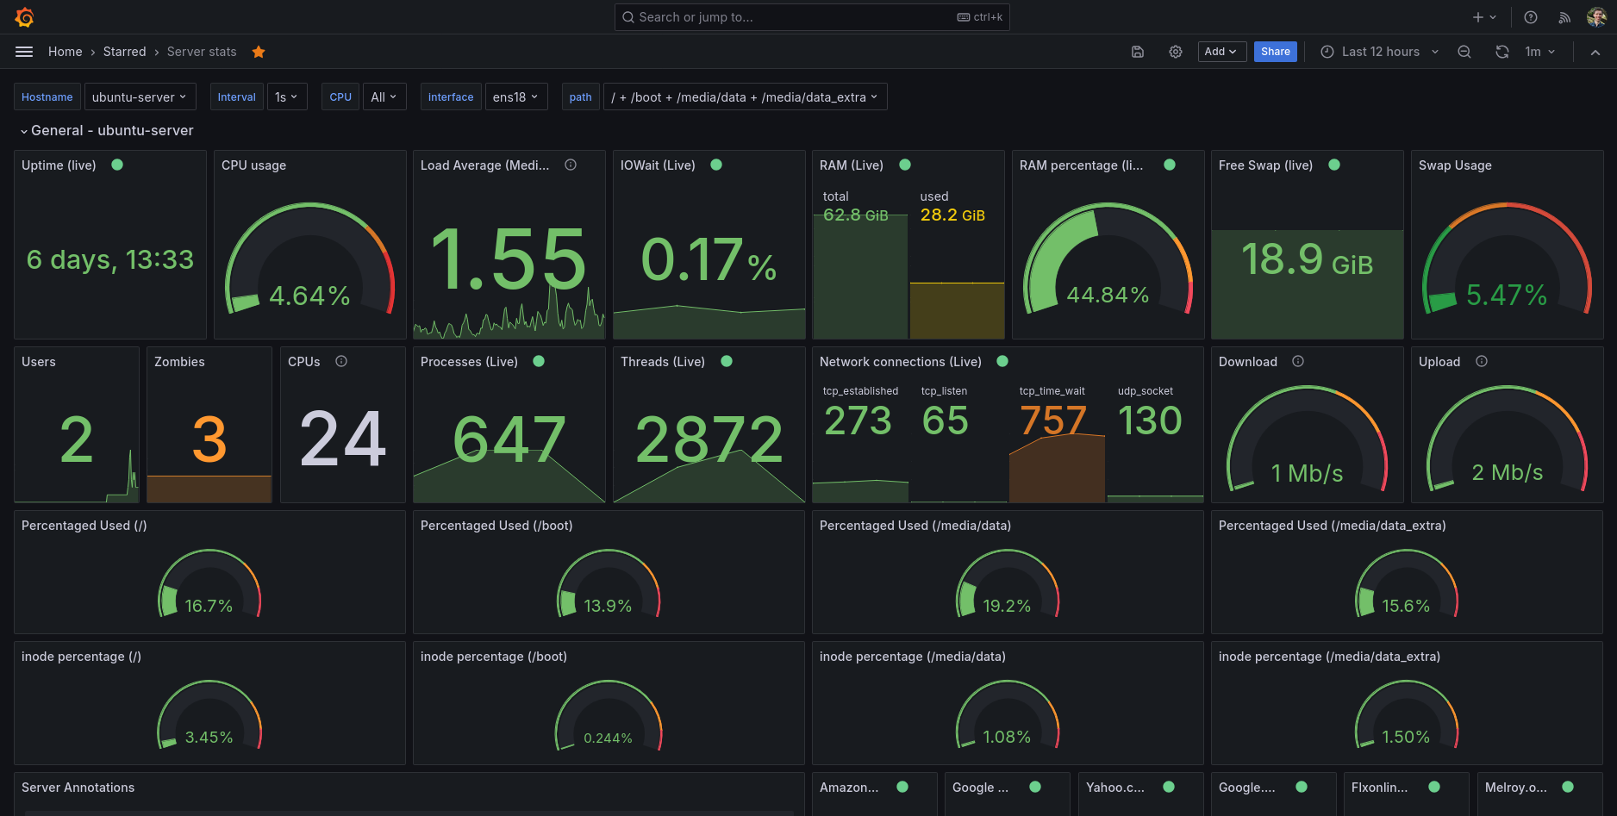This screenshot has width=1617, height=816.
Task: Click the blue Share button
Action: tap(1275, 52)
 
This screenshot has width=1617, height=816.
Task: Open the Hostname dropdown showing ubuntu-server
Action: tap(140, 97)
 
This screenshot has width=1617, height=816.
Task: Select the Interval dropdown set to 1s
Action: tap(286, 97)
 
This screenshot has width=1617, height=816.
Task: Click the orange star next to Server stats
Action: tap(259, 52)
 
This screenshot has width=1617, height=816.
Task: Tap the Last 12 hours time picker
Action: tap(1379, 52)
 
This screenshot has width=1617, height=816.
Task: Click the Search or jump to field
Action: tap(810, 17)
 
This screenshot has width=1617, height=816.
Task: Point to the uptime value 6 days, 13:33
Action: tap(110, 259)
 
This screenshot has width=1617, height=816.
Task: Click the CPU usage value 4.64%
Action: tap(309, 296)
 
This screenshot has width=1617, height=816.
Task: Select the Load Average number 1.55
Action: tap(509, 259)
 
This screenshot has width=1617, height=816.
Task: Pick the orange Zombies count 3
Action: tap(209, 439)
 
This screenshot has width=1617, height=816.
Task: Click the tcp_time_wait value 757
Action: tap(1053, 420)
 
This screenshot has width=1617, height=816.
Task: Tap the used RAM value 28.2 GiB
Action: tap(952, 215)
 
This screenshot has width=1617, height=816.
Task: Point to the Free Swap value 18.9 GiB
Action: tap(1307, 259)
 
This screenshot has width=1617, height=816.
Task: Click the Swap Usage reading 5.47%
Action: tap(1507, 296)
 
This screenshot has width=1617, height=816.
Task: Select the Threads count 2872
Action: tap(709, 439)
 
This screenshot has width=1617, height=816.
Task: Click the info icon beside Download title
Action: tap(1298, 361)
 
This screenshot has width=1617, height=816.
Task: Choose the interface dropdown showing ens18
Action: tap(515, 97)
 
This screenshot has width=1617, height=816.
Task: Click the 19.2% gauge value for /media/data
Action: tap(1007, 606)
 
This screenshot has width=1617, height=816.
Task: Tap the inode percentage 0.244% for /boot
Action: tap(608, 738)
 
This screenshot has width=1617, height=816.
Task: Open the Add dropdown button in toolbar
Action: tap(1221, 52)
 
